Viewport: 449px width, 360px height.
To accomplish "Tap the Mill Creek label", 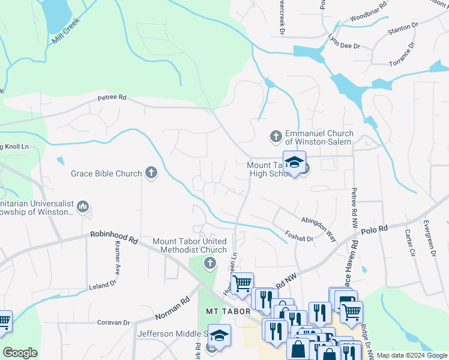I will (x=65, y=31).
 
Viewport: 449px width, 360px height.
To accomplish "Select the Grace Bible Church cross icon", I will (x=151, y=173).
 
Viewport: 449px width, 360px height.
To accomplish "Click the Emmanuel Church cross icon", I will (x=276, y=137).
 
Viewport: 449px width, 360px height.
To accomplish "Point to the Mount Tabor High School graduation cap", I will (x=294, y=162).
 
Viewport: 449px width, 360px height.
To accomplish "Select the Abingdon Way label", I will (x=318, y=229).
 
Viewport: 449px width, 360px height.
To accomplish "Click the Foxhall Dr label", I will (x=299, y=238).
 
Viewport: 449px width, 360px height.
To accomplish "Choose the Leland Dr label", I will (x=103, y=283).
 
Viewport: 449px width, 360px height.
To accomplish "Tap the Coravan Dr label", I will (x=114, y=322).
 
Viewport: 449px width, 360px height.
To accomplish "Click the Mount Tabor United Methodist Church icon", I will (x=210, y=263).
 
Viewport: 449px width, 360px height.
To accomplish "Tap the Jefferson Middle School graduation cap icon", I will (x=220, y=335).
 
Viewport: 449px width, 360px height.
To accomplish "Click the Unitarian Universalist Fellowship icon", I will (x=83, y=207).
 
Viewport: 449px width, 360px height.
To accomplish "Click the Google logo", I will (x=20, y=353).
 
